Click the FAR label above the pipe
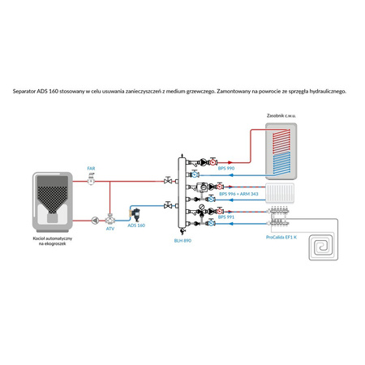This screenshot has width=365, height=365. [91, 168]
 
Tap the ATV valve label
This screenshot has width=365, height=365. [110, 230]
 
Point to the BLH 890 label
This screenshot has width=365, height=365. [183, 240]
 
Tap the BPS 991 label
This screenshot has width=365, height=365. [227, 217]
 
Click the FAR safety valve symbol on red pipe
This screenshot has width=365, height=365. [91, 180]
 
